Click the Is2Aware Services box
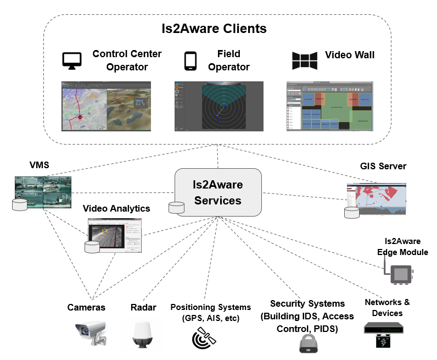(217, 192)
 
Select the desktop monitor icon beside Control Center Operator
(72, 60)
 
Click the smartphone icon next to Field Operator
(191, 60)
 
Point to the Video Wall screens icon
(305, 60)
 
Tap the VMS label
(40, 165)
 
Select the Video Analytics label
(116, 209)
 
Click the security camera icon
(89, 333)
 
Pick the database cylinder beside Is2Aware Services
(176, 208)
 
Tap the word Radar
(144, 307)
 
